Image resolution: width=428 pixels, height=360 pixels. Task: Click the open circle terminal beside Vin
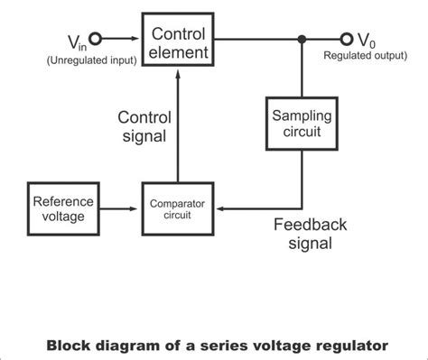coord(94,40)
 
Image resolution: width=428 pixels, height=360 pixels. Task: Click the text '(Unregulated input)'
coord(68,60)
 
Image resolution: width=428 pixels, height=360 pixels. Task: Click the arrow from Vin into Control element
coord(122,40)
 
